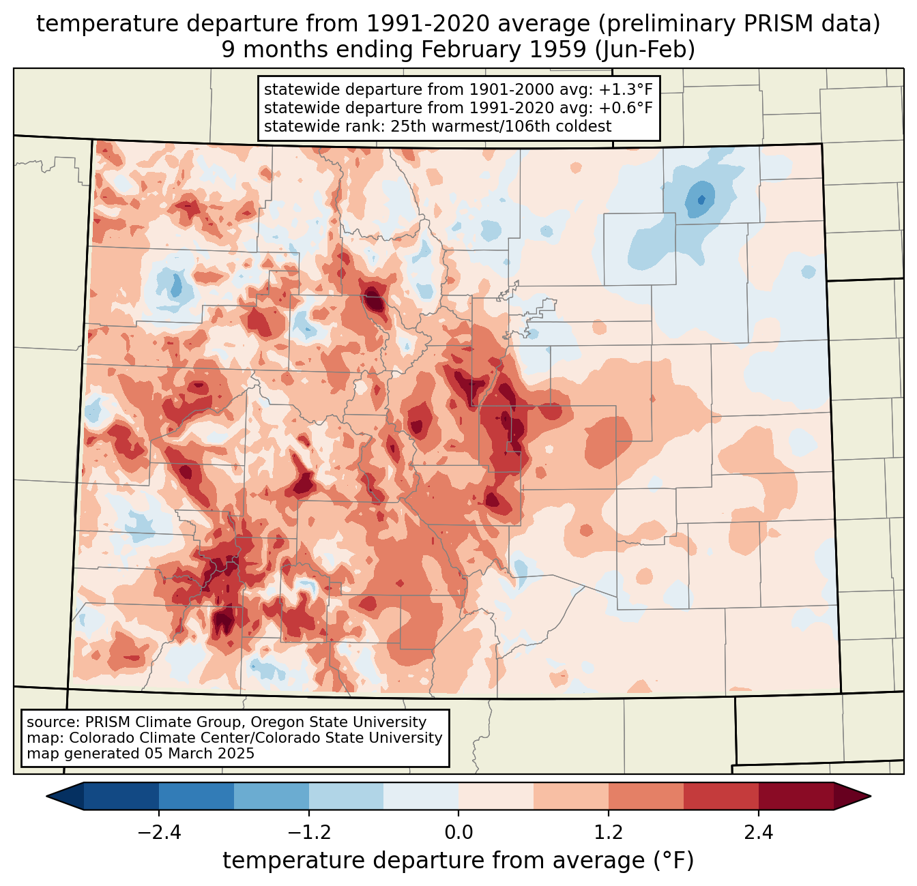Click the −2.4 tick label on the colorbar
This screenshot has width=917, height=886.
tap(158, 833)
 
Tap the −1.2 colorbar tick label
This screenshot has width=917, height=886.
tap(308, 833)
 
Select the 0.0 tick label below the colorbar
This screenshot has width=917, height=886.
tap(458, 833)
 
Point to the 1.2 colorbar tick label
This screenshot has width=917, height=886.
tap(609, 833)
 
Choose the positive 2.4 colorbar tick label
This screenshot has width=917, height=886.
tap(759, 833)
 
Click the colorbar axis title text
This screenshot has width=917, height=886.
tap(458, 861)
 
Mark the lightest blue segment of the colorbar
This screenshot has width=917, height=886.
tap(421, 796)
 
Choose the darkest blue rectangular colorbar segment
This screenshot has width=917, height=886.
tap(121, 796)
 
